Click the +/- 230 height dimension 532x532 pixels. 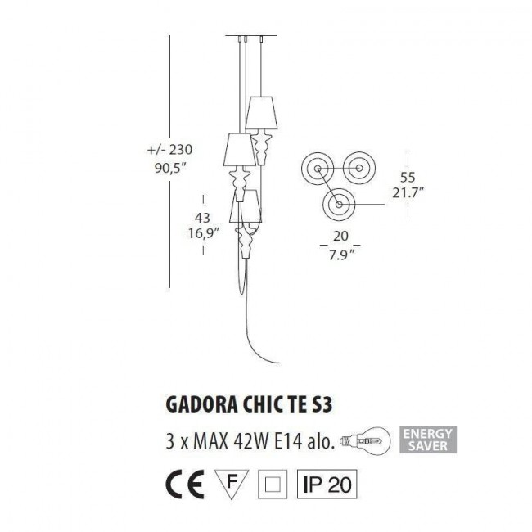pos(169,151)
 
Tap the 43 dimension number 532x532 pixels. pos(204,218)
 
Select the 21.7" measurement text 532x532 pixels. pos(407,194)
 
